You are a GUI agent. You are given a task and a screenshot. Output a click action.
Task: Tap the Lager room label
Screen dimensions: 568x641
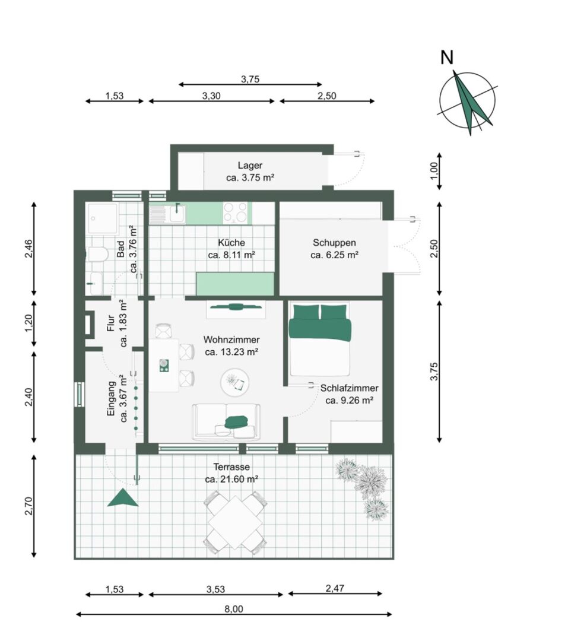pos(250,166)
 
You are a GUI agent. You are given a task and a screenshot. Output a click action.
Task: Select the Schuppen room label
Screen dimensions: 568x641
pos(334,242)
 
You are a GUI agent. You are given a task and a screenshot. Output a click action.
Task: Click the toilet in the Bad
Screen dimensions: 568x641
pos(97,255)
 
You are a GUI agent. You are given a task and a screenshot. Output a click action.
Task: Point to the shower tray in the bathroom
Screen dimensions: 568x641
pos(102,218)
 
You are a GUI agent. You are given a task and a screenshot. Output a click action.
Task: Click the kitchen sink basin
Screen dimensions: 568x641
pos(177,213)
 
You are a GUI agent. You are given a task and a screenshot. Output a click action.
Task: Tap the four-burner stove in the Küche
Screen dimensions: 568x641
pos(235,212)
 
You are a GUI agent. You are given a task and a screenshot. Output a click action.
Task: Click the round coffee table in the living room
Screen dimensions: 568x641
pos(234,382)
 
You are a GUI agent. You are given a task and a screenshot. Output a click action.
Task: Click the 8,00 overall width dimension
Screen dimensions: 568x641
pos(234,614)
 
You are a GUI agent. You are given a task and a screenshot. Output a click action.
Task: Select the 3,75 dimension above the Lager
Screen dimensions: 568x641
pos(250,84)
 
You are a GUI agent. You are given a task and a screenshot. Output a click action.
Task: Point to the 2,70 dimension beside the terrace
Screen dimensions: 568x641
pos(34,506)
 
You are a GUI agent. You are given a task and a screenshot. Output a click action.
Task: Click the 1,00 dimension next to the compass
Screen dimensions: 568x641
pos(440,171)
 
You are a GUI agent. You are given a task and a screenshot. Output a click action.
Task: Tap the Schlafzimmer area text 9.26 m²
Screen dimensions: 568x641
pos(349,400)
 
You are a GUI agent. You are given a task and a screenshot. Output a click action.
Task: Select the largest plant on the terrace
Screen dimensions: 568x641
pos(370,482)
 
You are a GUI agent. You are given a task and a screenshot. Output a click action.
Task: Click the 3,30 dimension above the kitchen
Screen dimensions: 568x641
pos(211,100)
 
